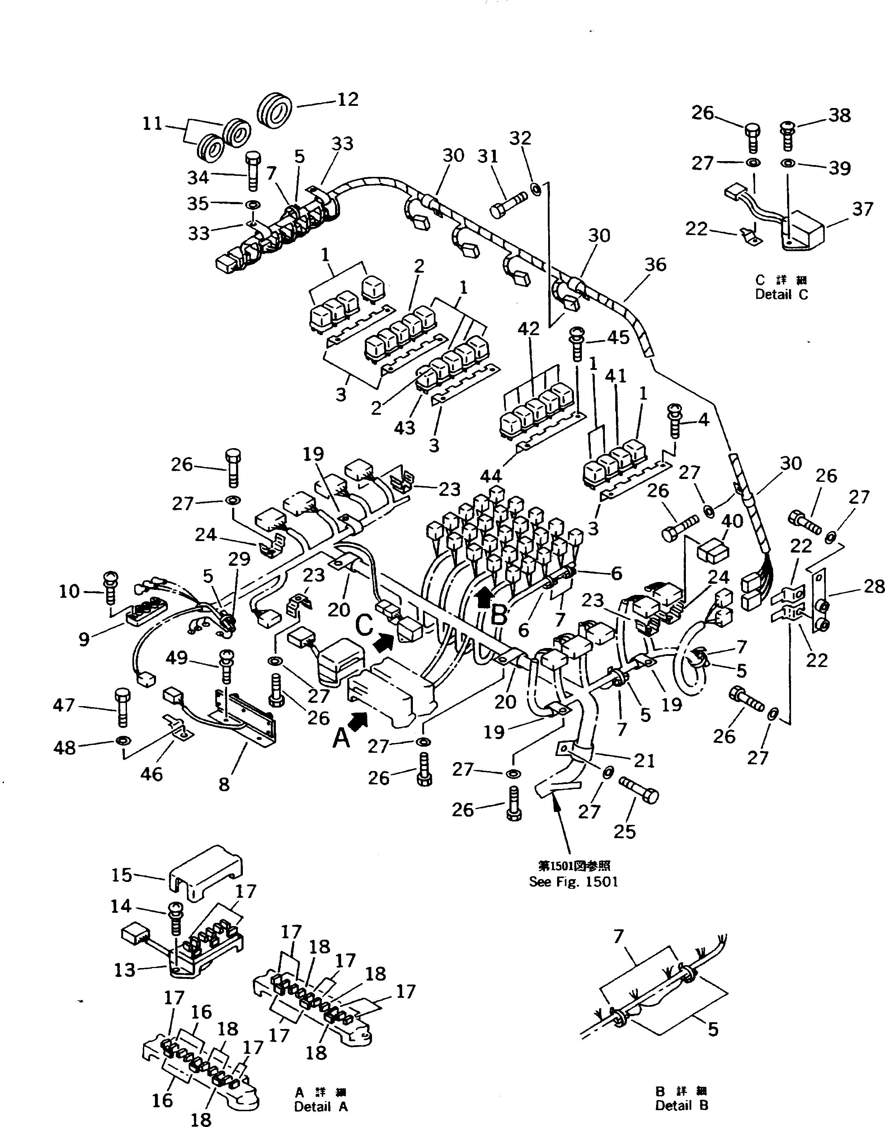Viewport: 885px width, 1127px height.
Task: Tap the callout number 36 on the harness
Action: pos(655,265)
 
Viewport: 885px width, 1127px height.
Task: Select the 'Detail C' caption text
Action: pos(781,295)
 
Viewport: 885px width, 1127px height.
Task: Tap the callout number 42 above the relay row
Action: pos(528,329)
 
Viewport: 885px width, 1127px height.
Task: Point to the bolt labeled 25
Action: pos(640,793)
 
